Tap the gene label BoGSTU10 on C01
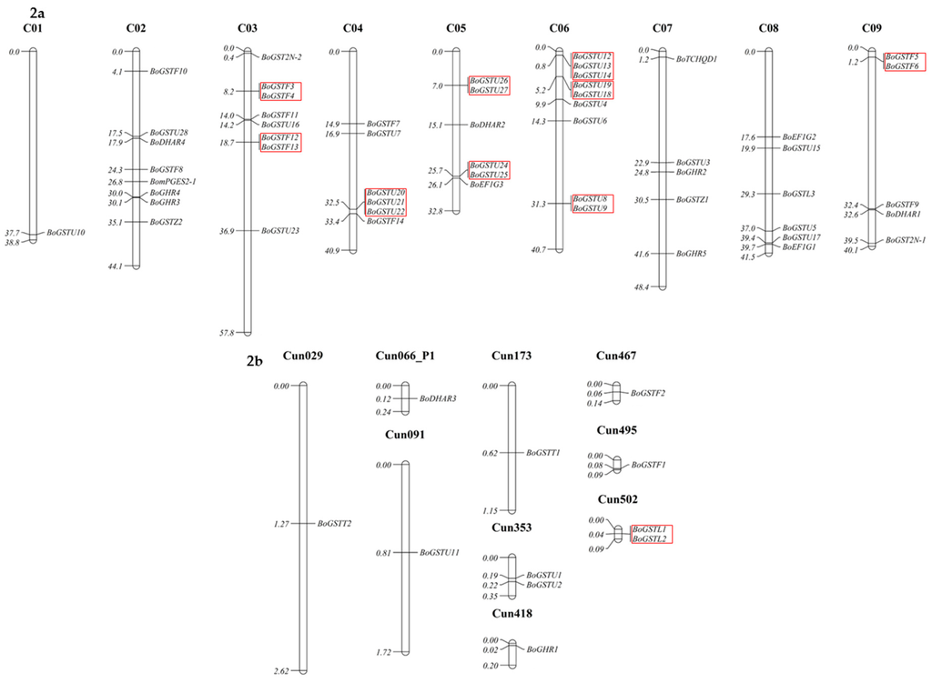(x=66, y=233)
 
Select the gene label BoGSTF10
(x=168, y=71)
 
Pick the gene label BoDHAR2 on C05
(x=488, y=125)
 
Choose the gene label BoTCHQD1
(x=697, y=59)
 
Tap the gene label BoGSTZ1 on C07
(x=693, y=199)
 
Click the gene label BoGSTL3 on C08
(x=798, y=194)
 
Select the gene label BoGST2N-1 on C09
(x=906, y=240)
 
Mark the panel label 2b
(x=256, y=362)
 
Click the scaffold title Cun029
(x=302, y=356)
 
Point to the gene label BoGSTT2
(x=335, y=524)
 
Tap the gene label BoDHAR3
(x=438, y=399)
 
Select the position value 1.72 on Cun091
(x=381, y=653)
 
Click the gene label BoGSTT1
(x=542, y=453)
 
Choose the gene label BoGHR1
(x=542, y=649)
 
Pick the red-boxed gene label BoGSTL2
(x=650, y=539)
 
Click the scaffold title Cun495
(x=617, y=430)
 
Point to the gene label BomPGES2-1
(x=173, y=182)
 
